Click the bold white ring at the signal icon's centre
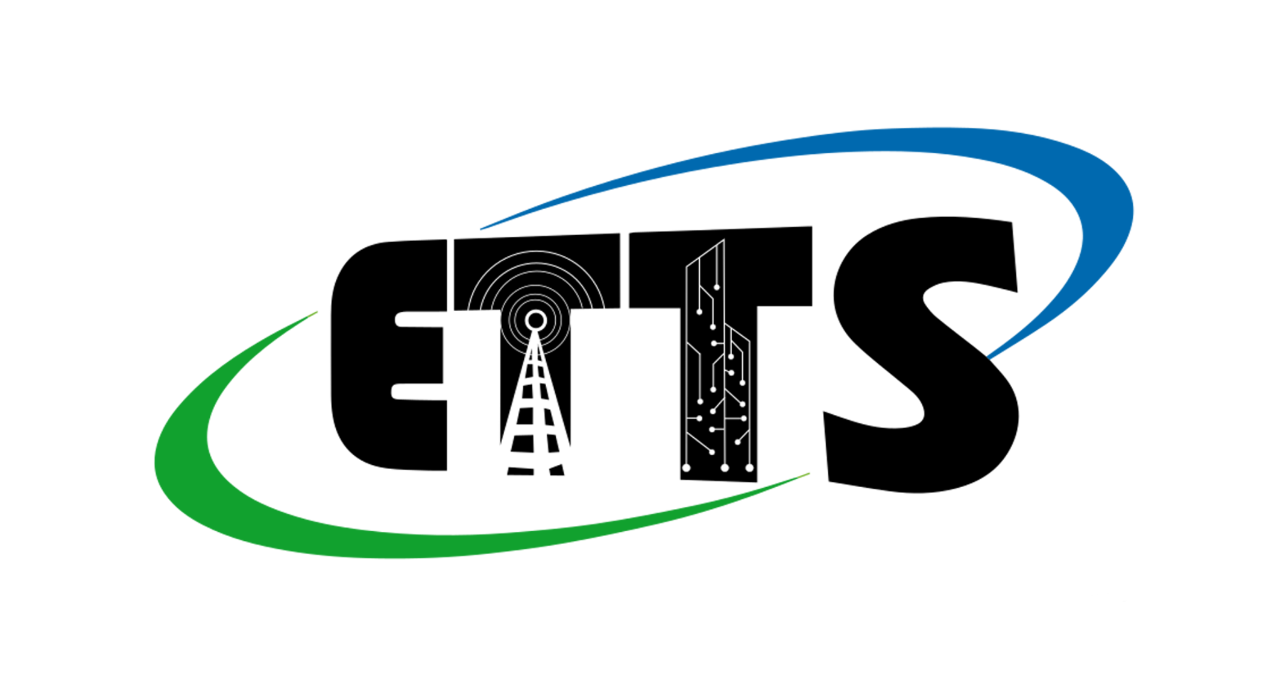535,320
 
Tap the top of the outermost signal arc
535,251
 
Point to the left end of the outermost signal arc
468,309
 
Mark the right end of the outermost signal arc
603,309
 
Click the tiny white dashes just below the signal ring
535,348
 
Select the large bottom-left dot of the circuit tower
686,468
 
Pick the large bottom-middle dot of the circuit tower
725,468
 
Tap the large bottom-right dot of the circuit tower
749,468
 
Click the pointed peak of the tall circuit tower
723,241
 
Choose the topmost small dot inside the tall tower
717,288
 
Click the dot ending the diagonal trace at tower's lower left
712,452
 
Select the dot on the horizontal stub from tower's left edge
699,418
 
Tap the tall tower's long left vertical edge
687,362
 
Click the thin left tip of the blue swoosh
482,229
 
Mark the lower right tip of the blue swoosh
989,358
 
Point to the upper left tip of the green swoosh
316,312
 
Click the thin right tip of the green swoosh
808,475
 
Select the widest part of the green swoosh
181,458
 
